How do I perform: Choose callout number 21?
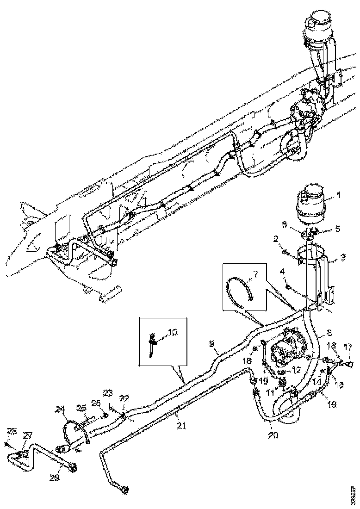pos(179,424)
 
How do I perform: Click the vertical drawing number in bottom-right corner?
pos(354,496)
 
